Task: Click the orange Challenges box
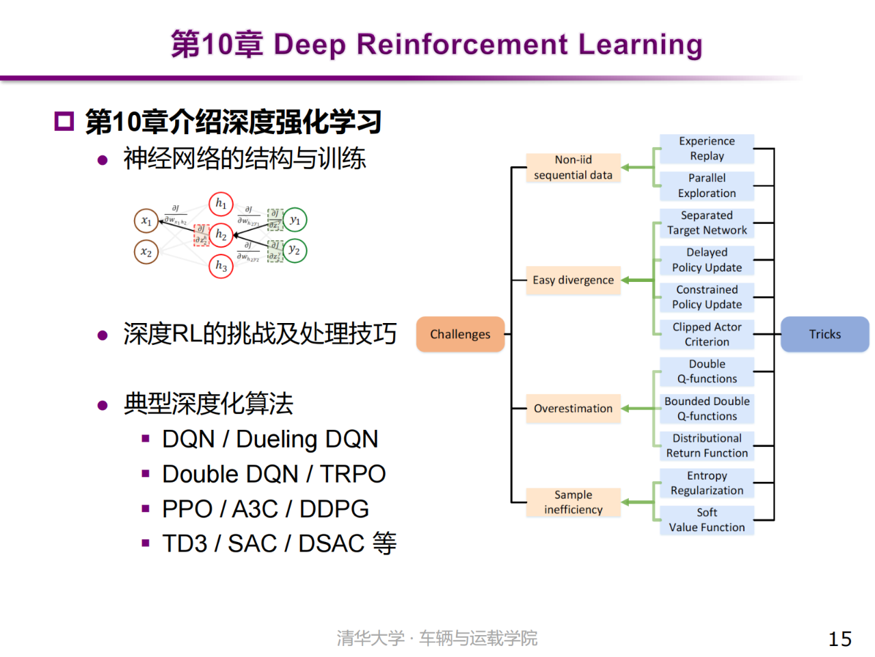click(460, 334)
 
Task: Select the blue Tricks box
click(824, 334)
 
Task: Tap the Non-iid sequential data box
click(573, 168)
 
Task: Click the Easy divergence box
click(573, 280)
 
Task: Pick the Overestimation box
click(573, 409)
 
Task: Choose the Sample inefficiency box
click(573, 502)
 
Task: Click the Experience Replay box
click(707, 149)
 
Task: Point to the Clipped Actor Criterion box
click(707, 335)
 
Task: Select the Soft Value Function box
click(707, 520)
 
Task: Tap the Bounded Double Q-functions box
click(707, 409)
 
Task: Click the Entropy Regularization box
click(707, 483)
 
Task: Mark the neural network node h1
click(221, 204)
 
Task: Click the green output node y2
click(295, 250)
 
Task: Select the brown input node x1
click(146, 221)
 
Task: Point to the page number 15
click(839, 639)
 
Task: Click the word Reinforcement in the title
click(462, 44)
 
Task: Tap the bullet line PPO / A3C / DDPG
click(265, 509)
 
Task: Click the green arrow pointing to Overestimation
click(637, 409)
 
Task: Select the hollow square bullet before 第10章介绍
click(64, 122)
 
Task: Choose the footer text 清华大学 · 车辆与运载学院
click(437, 639)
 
